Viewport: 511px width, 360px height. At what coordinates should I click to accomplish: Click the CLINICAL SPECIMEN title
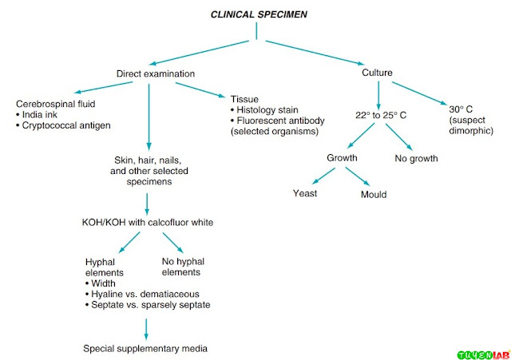pos(259,14)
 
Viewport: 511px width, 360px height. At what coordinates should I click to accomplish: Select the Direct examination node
pos(156,73)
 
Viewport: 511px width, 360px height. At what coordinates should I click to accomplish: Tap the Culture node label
pos(377,73)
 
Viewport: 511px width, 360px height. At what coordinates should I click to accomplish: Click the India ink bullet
pos(37,115)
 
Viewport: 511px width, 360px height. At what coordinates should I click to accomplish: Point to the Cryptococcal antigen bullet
pos(63,125)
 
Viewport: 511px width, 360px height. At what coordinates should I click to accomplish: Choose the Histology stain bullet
pos(264,110)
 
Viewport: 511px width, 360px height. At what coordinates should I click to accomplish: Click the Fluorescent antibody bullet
pos(278,121)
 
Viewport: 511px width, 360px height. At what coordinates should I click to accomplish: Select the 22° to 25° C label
pos(381,115)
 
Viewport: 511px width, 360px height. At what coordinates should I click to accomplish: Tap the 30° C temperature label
pos(461,109)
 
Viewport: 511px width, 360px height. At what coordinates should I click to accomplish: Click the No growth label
pos(416,159)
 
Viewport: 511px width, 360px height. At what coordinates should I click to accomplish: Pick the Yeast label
pos(305,193)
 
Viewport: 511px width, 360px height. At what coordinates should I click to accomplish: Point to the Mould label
pos(374,195)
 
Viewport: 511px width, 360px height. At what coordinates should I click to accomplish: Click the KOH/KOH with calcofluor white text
pos(148,223)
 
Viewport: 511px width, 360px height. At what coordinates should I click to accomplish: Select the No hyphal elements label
pos(183,267)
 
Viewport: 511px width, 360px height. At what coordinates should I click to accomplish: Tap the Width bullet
pos(101,283)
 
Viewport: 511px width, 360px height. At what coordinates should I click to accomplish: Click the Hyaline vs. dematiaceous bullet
pos(142,295)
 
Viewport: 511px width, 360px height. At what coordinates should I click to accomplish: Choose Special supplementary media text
pos(145,349)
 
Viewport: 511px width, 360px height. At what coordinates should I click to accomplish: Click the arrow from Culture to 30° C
pos(419,93)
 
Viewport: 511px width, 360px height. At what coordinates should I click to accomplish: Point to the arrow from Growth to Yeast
pos(323,176)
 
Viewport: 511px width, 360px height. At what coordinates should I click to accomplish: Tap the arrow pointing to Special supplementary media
pos(146,329)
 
